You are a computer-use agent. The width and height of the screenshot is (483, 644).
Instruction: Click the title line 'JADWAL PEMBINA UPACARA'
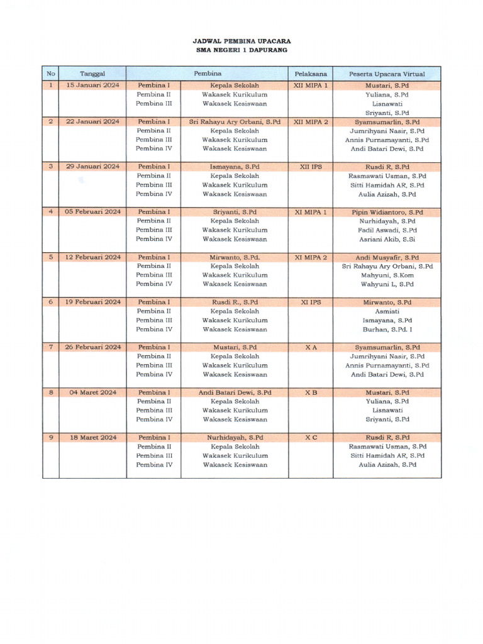coord(241,40)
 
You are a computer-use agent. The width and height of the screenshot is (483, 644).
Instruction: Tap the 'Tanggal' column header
coord(92,74)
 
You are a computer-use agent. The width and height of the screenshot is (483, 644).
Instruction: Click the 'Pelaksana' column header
coord(311,74)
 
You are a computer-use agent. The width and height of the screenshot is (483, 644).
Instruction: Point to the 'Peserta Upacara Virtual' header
coord(387,74)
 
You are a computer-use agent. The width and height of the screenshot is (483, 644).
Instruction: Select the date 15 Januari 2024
coord(92,85)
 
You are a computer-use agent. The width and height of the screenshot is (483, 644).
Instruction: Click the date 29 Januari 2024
coord(92,167)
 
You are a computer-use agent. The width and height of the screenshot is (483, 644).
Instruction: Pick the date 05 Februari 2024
coord(92,212)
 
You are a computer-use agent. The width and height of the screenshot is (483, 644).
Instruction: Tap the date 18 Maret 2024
coord(92,437)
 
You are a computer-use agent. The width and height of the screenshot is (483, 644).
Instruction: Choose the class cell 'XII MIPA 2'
coord(311,121)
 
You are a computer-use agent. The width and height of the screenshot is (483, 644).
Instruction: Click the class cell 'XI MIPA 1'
coord(311,212)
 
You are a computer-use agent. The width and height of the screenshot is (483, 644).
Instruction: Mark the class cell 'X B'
coord(311,392)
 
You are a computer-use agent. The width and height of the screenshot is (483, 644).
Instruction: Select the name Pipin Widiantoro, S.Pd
coord(387,213)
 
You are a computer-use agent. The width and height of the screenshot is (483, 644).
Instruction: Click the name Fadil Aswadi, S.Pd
coord(387,230)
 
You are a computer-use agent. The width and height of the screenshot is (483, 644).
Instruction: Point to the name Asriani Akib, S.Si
coord(387,239)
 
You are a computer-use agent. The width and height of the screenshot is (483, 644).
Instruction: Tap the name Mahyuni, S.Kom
coord(387,275)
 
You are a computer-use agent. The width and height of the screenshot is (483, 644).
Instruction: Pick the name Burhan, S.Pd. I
coord(387,329)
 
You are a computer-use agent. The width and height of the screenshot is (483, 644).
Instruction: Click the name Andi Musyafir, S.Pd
coord(387,257)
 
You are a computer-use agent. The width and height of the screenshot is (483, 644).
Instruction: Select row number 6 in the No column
coord(50,302)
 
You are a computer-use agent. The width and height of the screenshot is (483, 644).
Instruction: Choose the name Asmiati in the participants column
coord(387,311)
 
